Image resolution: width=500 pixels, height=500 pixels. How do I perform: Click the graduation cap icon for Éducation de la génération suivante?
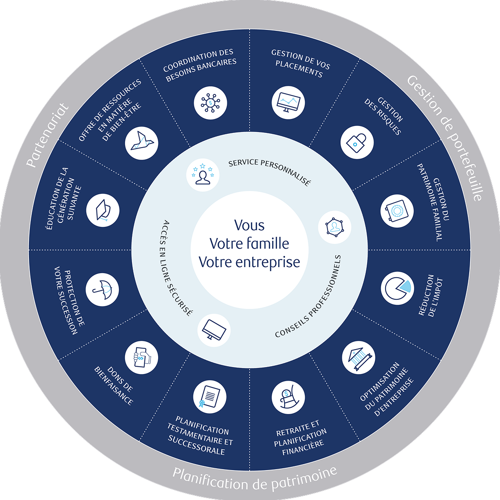[102, 210]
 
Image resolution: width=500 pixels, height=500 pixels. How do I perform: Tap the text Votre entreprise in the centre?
[250, 262]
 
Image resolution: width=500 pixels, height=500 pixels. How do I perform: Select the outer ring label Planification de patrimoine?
[255, 478]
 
